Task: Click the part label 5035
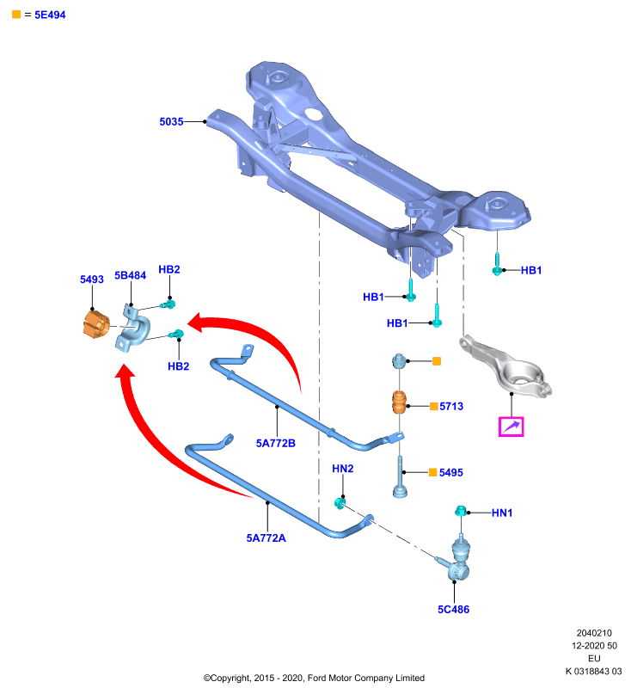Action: [x=171, y=121]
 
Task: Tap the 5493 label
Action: [x=92, y=279]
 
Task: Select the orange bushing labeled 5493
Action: [x=96, y=323]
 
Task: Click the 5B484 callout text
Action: [x=130, y=275]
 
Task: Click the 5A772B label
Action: [x=275, y=443]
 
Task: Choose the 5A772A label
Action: [x=266, y=538]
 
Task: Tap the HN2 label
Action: [x=342, y=469]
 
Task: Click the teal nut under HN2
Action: [x=340, y=503]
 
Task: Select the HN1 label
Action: [x=502, y=513]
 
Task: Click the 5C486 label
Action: [x=453, y=610]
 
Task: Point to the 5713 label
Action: [x=451, y=406]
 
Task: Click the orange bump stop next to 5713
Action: [x=399, y=402]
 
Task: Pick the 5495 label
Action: [x=451, y=472]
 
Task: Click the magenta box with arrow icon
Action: [x=512, y=427]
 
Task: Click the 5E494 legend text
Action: [x=50, y=15]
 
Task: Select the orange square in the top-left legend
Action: [x=16, y=15]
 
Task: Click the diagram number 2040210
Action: [x=594, y=633]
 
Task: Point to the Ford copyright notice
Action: [x=314, y=678]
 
